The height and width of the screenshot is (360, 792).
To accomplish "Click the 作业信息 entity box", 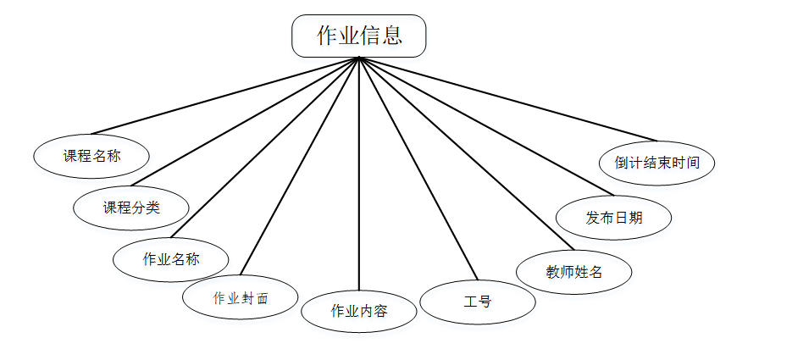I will (358, 36).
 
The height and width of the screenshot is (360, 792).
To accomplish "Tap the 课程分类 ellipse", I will (131, 208).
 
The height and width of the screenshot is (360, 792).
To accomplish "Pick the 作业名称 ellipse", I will (171, 259).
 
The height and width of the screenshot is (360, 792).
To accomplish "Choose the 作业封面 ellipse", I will (241, 297).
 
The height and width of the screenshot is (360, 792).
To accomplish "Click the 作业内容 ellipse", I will (359, 311).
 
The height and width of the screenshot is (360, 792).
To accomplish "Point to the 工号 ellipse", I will (478, 302).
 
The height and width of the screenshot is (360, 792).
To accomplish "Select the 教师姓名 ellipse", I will (574, 272).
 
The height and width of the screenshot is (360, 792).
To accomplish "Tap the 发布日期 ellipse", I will (614, 218).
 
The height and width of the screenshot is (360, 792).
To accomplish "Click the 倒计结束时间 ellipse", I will (657, 162).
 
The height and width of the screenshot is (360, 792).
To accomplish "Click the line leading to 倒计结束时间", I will (508, 98).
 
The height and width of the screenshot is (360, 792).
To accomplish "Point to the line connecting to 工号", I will (418, 169).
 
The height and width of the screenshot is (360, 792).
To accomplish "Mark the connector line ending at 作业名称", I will (265, 148).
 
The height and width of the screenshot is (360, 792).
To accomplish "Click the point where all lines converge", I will (359, 58).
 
